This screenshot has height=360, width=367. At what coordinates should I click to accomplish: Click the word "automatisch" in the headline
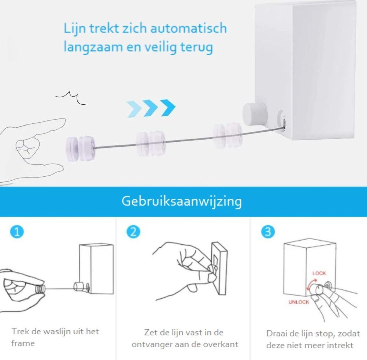pos(189,28)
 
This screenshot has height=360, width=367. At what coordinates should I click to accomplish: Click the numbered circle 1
pos(17,232)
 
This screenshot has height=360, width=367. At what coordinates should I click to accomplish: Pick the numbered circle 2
pos(133,232)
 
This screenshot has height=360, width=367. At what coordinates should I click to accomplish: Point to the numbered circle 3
pos(268,232)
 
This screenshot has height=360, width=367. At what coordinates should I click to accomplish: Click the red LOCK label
pos(319,273)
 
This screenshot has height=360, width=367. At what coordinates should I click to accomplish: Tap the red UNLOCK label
pos(298,302)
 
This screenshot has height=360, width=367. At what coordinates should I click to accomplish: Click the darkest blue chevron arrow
pos(168,108)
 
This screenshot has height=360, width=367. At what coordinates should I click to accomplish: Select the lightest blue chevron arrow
pos(134,109)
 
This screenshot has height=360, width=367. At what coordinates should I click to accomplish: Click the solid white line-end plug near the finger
pos(80,148)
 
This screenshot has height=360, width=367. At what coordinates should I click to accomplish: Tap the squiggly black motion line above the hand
pos(71,98)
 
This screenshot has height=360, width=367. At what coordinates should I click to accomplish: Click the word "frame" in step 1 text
pos(23,343)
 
